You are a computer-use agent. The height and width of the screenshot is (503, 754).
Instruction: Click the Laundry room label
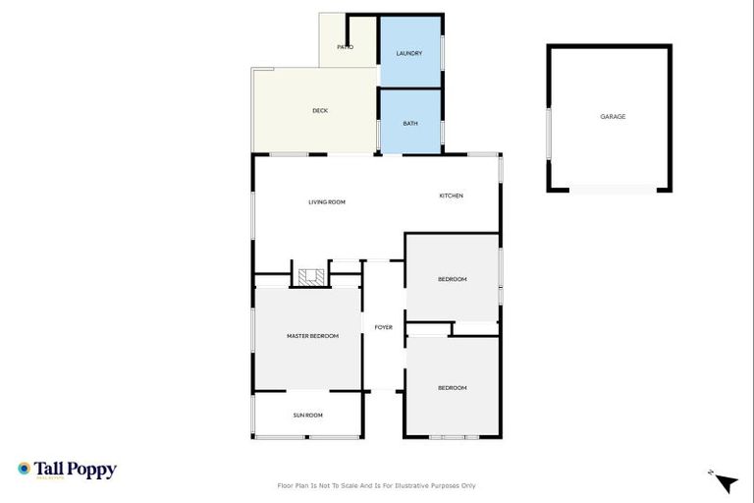coord(408,53)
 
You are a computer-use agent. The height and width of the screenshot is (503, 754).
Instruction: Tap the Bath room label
coord(410,123)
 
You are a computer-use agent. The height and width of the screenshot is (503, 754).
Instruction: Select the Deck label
coord(320,111)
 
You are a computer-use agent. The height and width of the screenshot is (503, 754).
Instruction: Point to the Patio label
coord(345,47)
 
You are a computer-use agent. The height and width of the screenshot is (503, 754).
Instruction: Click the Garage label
coord(613,117)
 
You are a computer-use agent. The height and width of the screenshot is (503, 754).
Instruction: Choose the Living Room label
coord(327,202)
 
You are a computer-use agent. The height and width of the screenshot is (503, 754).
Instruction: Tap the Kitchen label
coord(451,196)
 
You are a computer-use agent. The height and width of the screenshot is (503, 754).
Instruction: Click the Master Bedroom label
coord(312,336)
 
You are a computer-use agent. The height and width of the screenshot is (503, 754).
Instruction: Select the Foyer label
coord(384,327)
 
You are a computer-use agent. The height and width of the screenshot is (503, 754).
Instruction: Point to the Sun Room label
coord(307,415)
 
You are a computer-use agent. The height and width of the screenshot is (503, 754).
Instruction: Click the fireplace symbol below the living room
coord(311,276)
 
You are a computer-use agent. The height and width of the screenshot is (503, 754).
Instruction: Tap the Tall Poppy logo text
coord(76,470)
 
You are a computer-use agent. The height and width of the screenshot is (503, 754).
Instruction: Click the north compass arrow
coord(726,482)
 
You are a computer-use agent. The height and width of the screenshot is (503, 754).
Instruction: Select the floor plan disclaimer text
coord(377,485)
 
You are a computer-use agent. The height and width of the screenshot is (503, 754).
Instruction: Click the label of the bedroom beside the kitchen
coord(452,279)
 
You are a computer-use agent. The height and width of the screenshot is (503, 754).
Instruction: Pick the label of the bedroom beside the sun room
coord(452,388)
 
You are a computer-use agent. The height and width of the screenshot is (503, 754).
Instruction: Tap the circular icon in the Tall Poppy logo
coord(24,470)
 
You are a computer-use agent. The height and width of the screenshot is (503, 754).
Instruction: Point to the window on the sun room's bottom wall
coord(307,437)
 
